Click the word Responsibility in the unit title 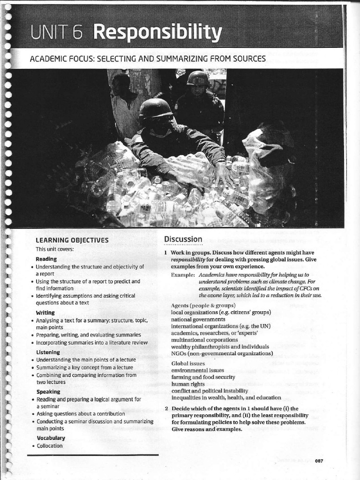coord(157,32)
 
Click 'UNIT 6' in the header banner coord(56,32)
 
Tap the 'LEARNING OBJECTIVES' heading coord(72,240)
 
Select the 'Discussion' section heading coord(183,240)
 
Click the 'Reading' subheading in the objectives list coord(46,259)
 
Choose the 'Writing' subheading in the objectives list coord(45,313)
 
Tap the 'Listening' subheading coord(48,352)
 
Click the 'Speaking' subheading coord(48,391)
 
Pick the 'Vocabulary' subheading coord(51,438)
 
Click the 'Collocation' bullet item coord(50,446)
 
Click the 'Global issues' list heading coord(188,363)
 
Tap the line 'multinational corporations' coord(204,339)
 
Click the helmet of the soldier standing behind coord(198,78)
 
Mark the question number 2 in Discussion coord(166,408)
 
